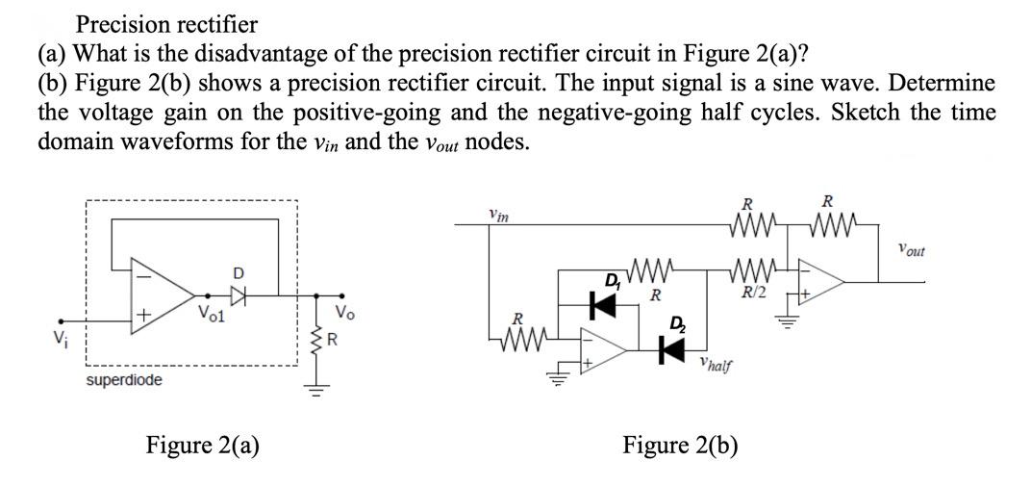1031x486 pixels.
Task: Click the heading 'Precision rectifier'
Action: tap(166, 22)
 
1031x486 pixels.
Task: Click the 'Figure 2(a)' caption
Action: tap(202, 445)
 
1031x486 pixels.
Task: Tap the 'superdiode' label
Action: tap(124, 381)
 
